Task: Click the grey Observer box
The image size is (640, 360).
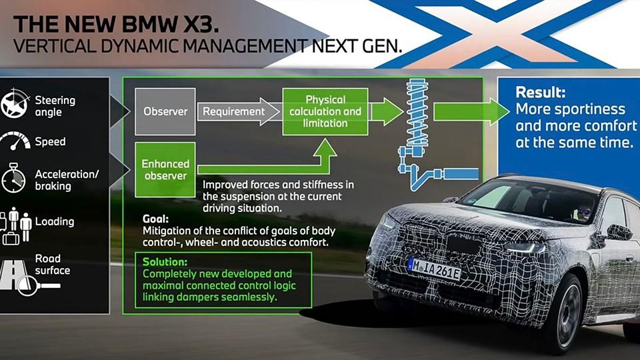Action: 165,111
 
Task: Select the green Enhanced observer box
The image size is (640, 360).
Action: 165,170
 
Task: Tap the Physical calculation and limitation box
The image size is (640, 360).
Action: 325,111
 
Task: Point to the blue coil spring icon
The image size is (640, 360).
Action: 417,114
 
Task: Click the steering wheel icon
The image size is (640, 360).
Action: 15,104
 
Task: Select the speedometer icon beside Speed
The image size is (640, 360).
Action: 15,141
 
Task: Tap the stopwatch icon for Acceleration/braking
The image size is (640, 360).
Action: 13,178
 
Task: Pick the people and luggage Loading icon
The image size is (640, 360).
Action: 15,225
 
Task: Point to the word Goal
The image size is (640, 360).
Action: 155,219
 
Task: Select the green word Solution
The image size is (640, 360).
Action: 165,261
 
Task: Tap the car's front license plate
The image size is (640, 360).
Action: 435,269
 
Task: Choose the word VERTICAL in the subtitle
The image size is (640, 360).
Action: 54,46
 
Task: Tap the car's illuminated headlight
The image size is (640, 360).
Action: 525,247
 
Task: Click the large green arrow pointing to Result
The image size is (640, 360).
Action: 471,111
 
